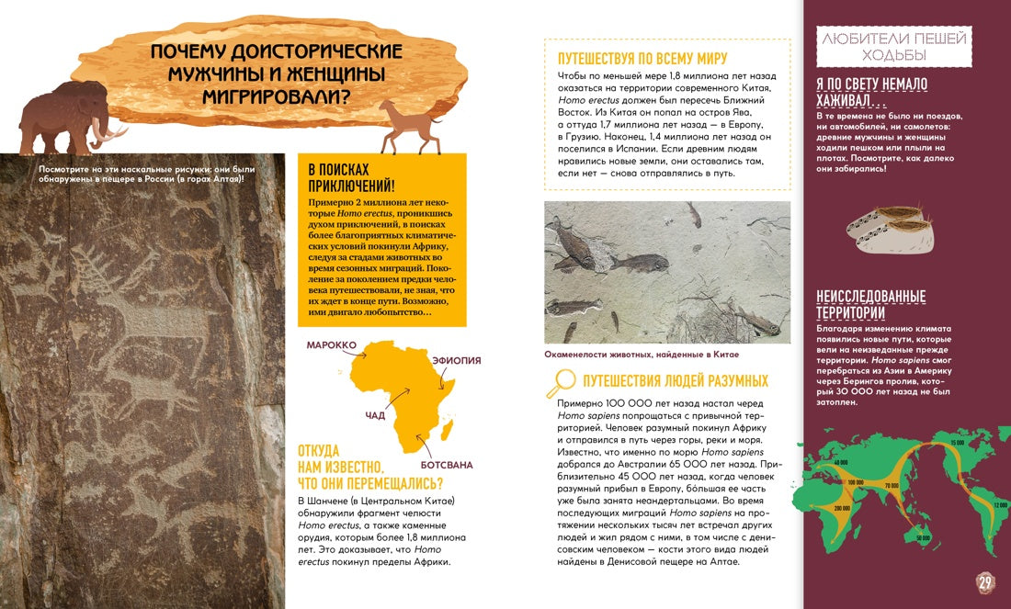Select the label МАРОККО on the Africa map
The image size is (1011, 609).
tap(332, 344)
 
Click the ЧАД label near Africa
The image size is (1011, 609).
tap(375, 416)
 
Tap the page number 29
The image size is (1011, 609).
tap(985, 581)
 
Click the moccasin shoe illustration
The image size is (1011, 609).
tap(888, 230)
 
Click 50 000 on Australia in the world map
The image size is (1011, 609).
tap(923, 538)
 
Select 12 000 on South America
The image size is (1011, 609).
tap(1001, 504)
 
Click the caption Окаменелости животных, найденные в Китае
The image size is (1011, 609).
tap(642, 354)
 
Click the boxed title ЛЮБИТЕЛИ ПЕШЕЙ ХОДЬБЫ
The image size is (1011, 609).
tap(893, 46)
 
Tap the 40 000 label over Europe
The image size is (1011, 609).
tap(840, 461)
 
